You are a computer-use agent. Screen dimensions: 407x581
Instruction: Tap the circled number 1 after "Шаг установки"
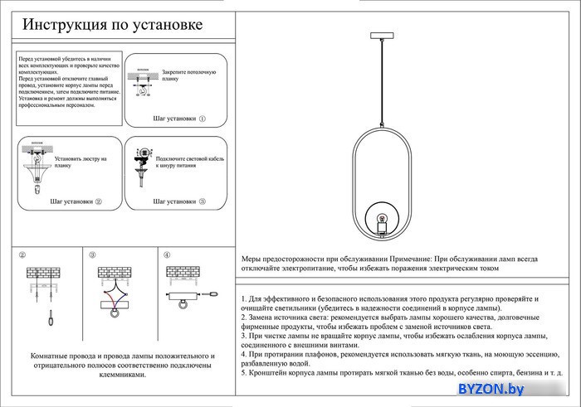tap(202, 119)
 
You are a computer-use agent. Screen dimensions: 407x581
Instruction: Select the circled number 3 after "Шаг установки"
tap(202, 201)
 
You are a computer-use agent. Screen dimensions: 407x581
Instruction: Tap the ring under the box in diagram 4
tap(179, 308)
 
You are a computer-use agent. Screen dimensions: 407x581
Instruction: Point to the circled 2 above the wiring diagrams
tap(22, 255)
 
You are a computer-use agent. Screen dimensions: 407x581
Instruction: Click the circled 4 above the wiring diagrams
tap(167, 255)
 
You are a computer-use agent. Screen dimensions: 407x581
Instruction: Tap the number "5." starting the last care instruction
tap(244, 373)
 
